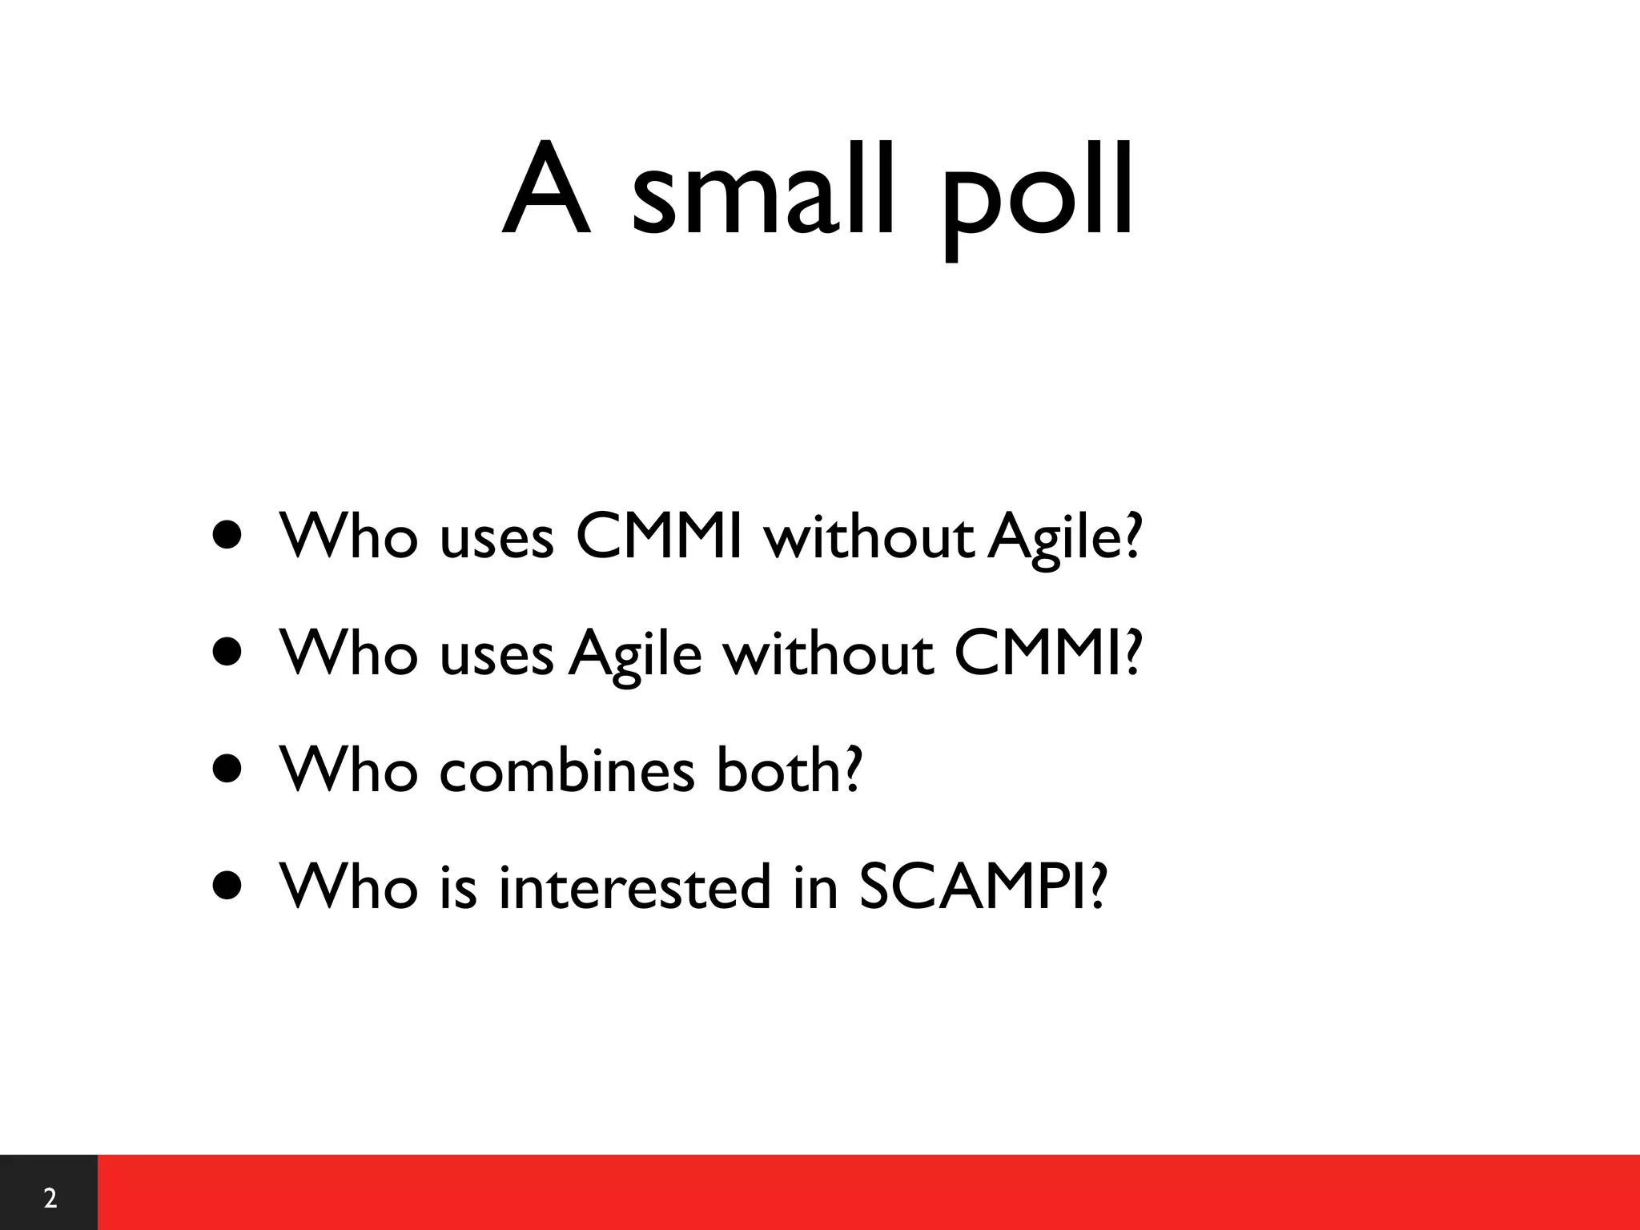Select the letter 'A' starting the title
(546, 191)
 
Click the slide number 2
(50, 1198)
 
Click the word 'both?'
(789, 769)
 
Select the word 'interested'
(633, 887)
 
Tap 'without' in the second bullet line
(828, 652)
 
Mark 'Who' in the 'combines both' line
(348, 769)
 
